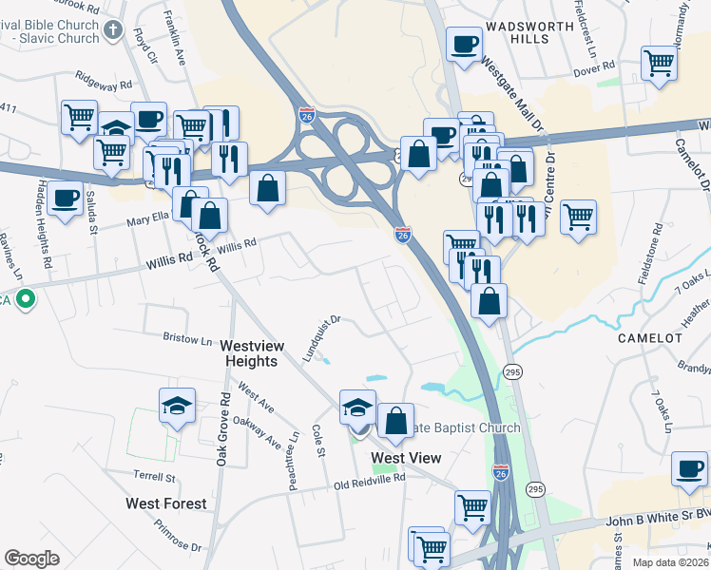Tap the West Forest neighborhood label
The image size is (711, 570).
click(166, 503)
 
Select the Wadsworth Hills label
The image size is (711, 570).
click(517, 31)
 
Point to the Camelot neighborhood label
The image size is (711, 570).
click(650, 338)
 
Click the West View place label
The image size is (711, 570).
click(406, 458)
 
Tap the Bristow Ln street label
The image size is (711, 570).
click(187, 338)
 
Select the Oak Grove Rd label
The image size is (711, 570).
click(223, 429)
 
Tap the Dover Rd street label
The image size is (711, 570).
click(595, 68)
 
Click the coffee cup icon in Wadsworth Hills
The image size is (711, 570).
click(464, 44)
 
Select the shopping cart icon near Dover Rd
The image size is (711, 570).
click(658, 64)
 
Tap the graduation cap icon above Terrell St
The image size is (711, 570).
click(178, 406)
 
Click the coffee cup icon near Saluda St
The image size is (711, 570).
click(65, 199)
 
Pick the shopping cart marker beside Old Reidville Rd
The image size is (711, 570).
click(472, 506)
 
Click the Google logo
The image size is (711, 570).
click(31, 559)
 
